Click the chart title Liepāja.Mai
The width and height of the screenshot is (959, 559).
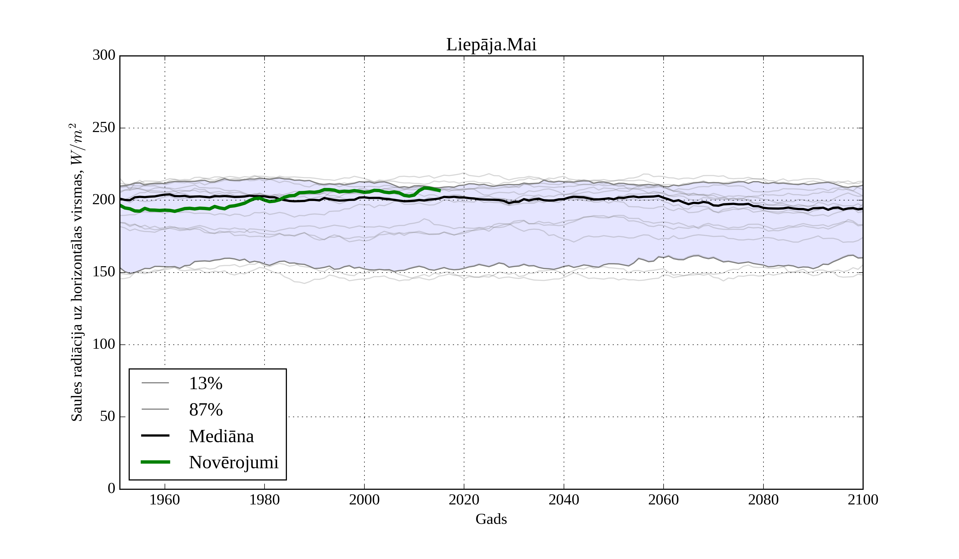491,45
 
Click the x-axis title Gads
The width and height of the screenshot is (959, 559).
491,519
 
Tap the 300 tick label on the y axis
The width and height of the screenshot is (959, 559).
104,56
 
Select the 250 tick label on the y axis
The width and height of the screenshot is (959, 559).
104,128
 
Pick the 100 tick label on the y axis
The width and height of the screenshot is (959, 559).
104,344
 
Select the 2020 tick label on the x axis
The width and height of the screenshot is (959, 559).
464,500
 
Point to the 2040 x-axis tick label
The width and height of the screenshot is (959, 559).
564,500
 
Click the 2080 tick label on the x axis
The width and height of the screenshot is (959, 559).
763,500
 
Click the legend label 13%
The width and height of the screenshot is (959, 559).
205,383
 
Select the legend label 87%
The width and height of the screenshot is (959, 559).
205,410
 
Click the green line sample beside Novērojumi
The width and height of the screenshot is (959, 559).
155,462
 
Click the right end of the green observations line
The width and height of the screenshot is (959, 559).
440,191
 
